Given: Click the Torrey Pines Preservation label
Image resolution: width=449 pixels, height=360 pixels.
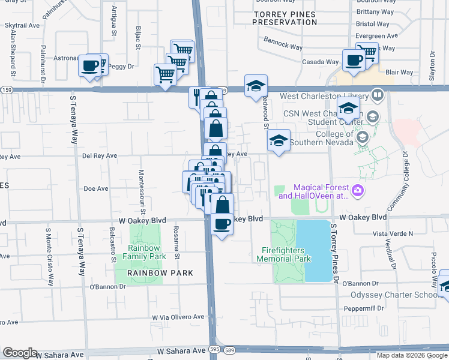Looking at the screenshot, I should point(284,17).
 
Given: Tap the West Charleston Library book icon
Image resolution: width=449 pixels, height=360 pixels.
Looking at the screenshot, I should point(378,95).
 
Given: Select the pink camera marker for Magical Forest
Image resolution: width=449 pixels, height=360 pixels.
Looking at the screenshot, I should point(358,191).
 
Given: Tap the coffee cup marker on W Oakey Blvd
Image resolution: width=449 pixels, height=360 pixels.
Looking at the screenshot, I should point(222,224).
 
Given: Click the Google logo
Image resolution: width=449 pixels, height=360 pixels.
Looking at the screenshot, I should point(20,352).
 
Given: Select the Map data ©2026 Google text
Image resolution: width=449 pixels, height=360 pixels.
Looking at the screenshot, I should point(412,355).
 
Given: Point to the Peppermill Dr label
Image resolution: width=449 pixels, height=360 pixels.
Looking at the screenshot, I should point(363,308).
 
